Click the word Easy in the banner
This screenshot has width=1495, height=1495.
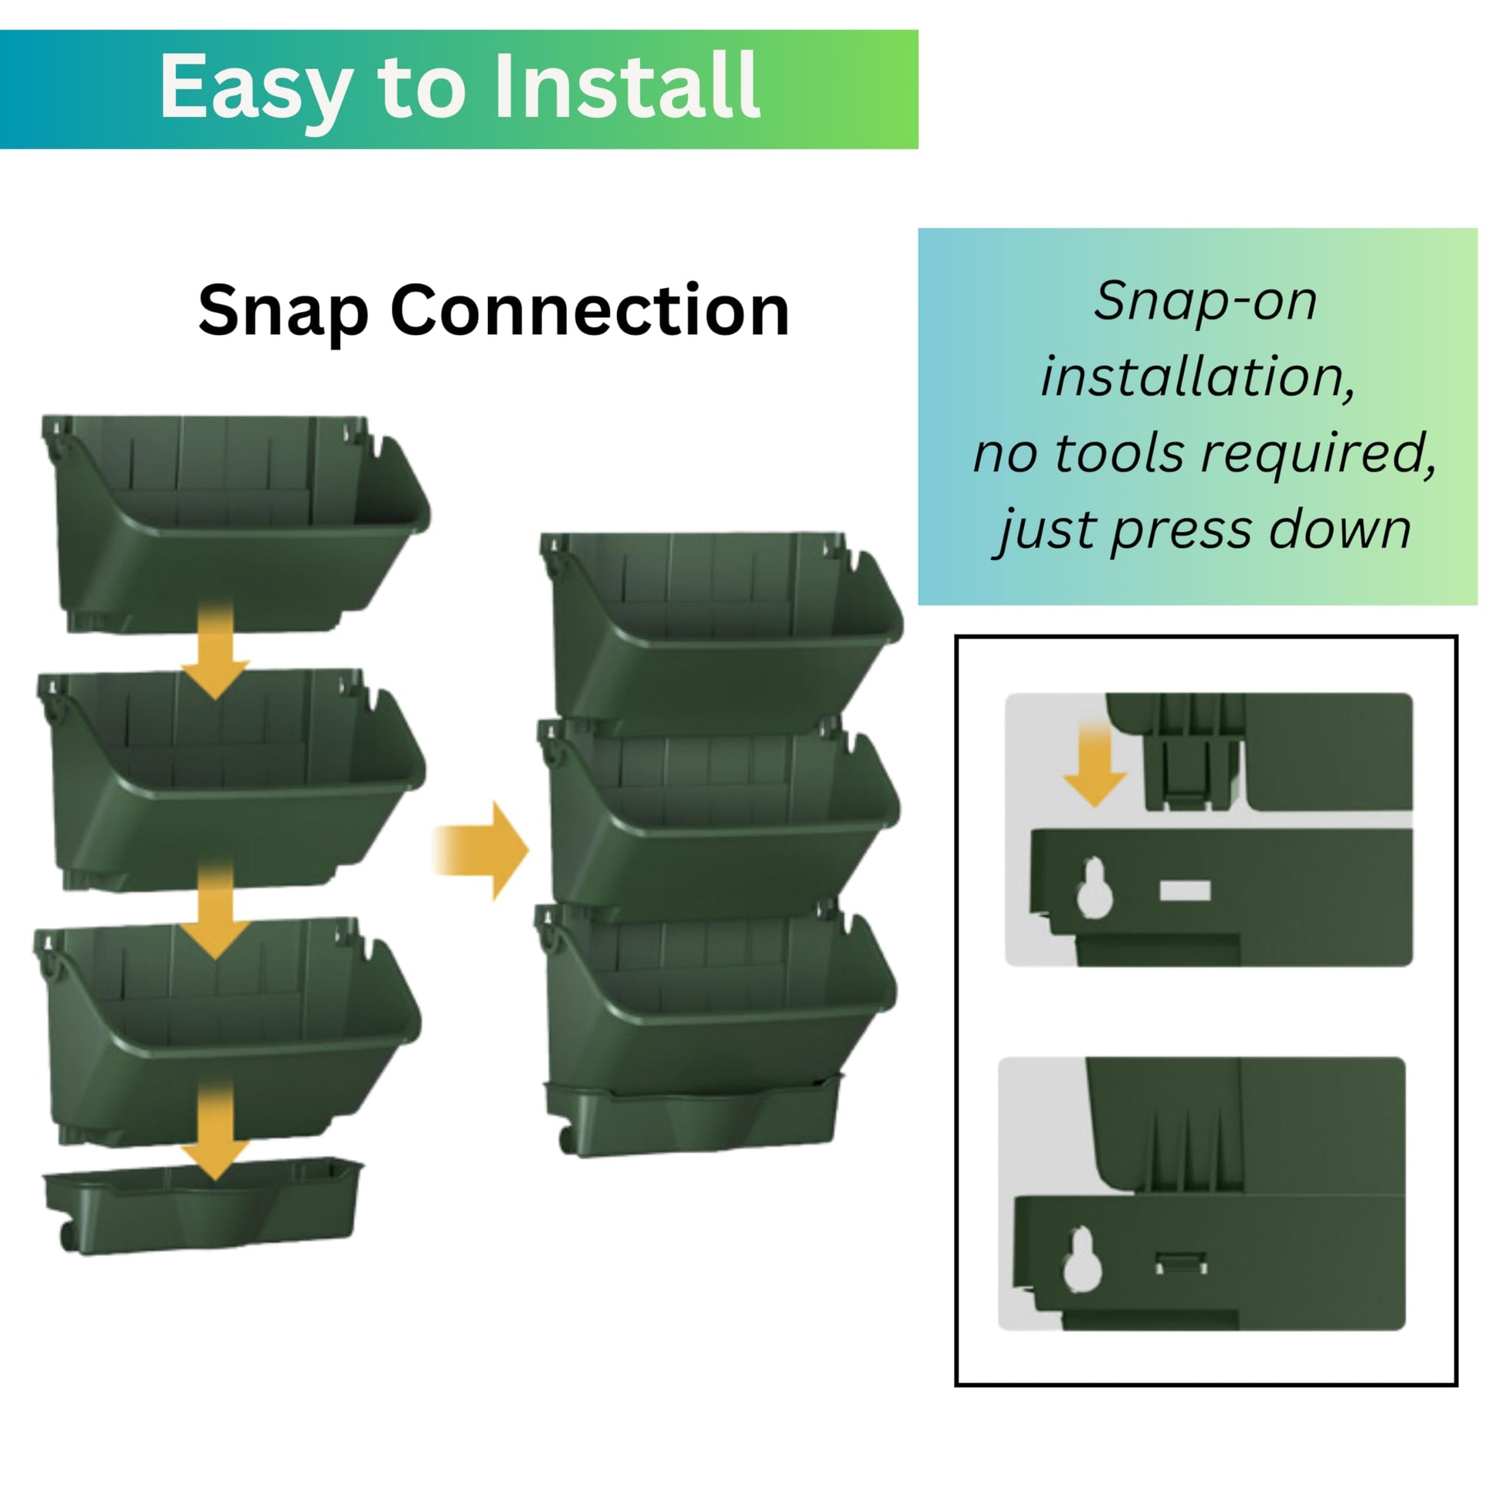pyautogui.click(x=257, y=87)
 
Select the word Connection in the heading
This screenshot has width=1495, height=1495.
pyautogui.click(x=590, y=310)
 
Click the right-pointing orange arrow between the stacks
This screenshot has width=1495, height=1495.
pyautogui.click(x=479, y=850)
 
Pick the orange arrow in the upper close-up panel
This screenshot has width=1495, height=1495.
pyautogui.click(x=1094, y=764)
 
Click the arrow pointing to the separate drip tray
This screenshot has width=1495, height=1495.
pyautogui.click(x=216, y=1130)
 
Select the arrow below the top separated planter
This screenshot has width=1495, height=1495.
pyautogui.click(x=216, y=648)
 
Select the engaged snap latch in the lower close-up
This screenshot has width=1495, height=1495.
pyautogui.click(x=1181, y=1264)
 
